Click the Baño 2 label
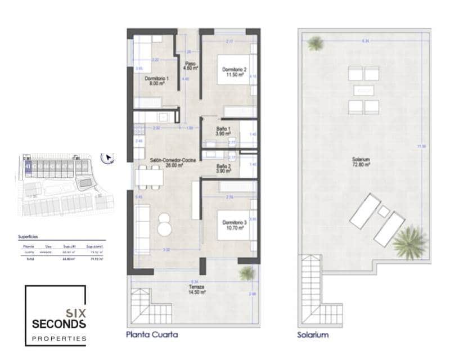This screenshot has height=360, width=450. (222, 168)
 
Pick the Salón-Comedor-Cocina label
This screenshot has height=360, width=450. (173, 163)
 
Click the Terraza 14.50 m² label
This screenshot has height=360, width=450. (196, 289)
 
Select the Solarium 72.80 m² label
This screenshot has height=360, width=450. (361, 163)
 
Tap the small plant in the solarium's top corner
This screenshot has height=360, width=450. (316, 43)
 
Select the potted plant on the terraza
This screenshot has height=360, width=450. (246, 273)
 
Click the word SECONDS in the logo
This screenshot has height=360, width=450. (60, 324)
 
